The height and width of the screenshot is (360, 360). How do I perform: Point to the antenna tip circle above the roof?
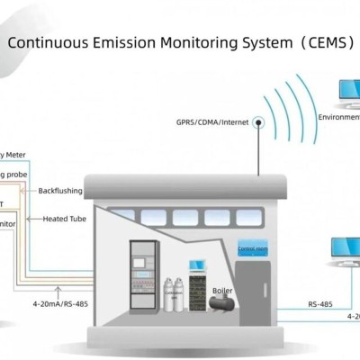(258, 121)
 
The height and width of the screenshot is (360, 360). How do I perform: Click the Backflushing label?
(59, 191)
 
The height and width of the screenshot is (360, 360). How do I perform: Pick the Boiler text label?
(221, 291)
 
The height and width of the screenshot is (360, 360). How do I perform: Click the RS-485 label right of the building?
(319, 304)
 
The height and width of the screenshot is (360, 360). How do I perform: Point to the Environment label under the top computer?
(338, 117)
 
